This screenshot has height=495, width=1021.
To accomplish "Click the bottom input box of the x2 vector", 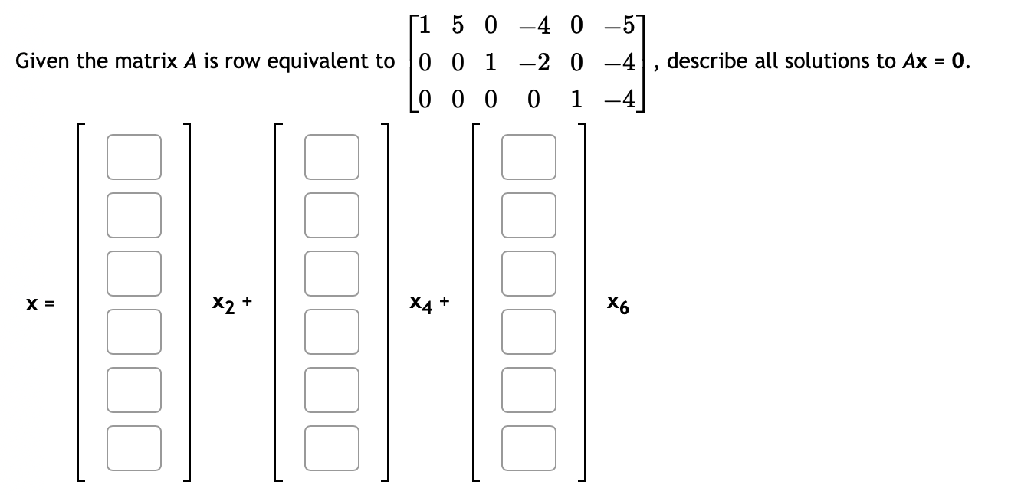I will [x=134, y=447].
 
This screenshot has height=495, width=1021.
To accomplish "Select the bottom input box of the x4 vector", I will [x=331, y=447].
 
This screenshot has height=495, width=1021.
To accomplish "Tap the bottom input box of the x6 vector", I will [x=529, y=447].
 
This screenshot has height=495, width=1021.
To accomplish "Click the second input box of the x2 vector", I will [x=134, y=215].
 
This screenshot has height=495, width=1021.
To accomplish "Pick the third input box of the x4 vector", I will [x=331, y=274].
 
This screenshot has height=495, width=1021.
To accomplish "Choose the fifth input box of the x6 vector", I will [x=529, y=390].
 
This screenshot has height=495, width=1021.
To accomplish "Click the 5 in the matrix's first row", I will [x=457, y=25].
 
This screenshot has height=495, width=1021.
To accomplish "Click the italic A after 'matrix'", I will [x=185, y=61].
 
